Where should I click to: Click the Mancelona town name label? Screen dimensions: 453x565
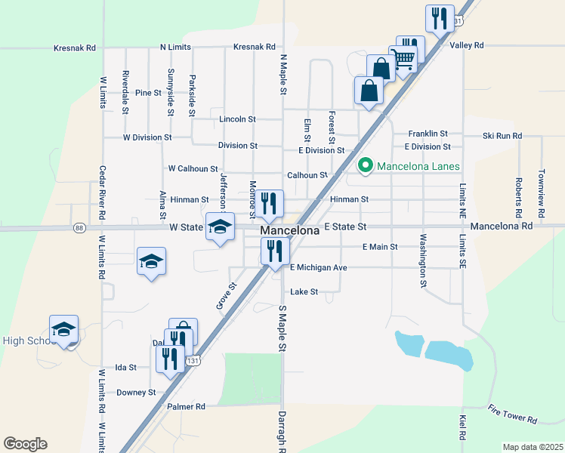[x=289, y=230]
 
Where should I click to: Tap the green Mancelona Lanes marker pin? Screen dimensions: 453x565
[x=366, y=165]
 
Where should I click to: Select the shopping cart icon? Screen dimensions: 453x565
[x=403, y=59]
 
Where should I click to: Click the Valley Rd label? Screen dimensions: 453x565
[x=466, y=45]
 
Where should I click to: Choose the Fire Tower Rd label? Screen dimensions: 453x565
[x=512, y=414]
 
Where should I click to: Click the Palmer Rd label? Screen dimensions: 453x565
[x=189, y=406]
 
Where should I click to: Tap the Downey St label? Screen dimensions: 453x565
[x=136, y=393]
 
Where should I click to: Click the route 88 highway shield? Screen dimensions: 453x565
[x=79, y=226]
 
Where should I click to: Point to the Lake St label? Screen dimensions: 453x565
[x=304, y=291]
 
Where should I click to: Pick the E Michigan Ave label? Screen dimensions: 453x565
[x=318, y=268]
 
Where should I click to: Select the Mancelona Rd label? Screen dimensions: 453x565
[x=501, y=226]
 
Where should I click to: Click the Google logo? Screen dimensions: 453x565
[x=25, y=443]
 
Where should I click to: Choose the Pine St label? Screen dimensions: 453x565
[x=149, y=93]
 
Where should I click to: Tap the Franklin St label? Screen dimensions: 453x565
[x=428, y=133]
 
